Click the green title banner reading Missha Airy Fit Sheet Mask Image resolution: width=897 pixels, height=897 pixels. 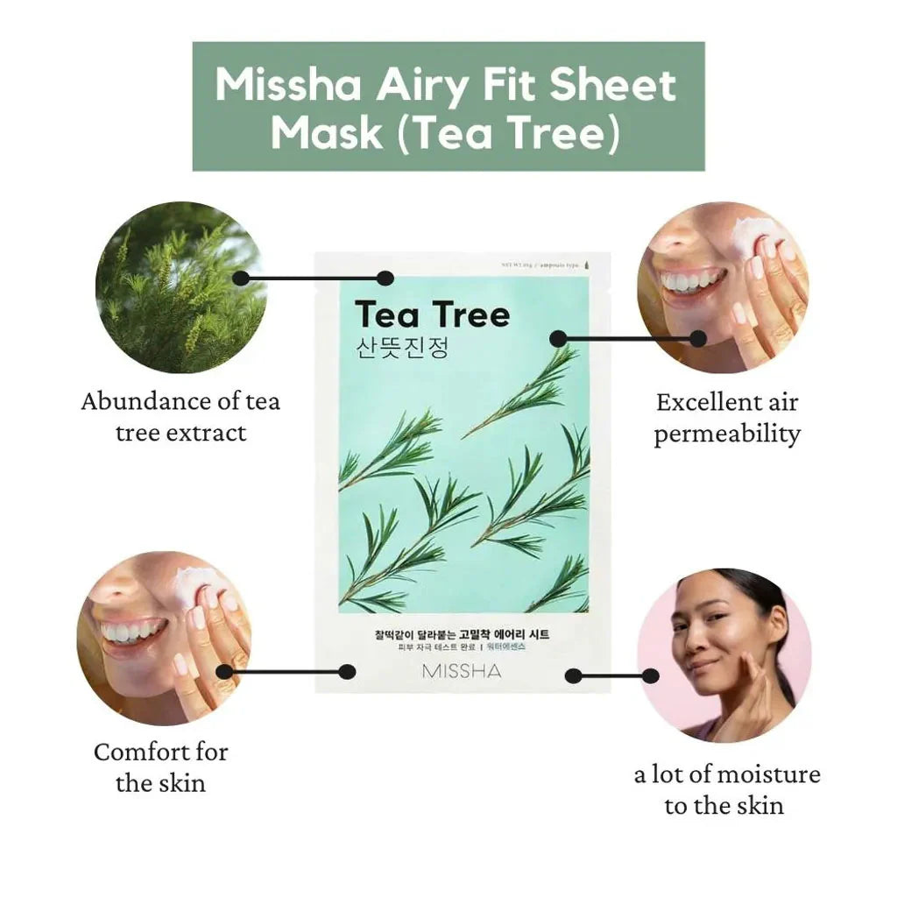[448, 106]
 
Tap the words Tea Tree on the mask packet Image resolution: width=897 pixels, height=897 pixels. [432, 314]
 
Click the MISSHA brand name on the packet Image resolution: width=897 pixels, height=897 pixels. [462, 672]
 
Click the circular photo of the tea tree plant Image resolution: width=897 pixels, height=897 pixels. [180, 286]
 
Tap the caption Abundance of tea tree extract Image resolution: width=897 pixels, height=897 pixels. [180, 416]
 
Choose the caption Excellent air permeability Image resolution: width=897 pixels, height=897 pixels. [727, 418]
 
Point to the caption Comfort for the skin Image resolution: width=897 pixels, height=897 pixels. [160, 766]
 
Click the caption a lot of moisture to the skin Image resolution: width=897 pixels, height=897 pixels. [726, 789]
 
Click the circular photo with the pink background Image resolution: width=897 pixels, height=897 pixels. [724, 655]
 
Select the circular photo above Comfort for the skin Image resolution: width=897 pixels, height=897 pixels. [164, 638]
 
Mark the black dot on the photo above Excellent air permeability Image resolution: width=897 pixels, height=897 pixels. [698, 338]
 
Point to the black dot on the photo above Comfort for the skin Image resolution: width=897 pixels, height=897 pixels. [224, 672]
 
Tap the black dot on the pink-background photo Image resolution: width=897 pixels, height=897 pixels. [649, 675]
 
